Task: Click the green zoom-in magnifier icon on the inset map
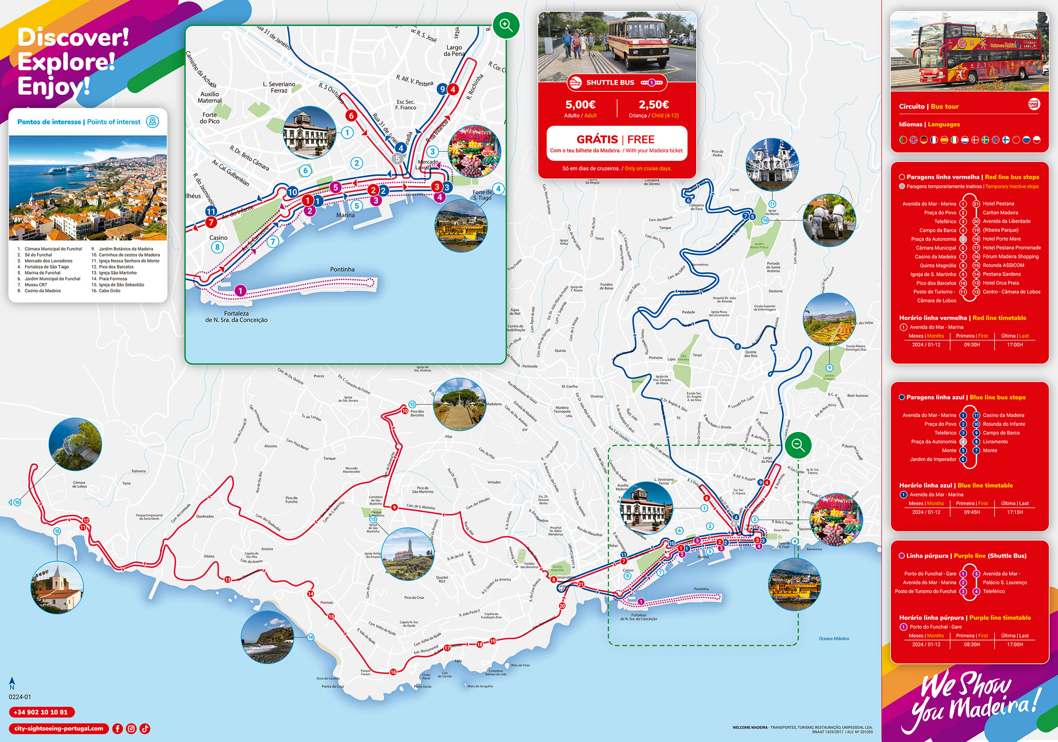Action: [506, 25]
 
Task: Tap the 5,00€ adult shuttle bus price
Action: [580, 105]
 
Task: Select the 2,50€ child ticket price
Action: [653, 105]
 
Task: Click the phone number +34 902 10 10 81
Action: [41, 712]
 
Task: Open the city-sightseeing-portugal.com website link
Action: [58, 728]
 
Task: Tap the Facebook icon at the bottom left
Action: [118, 728]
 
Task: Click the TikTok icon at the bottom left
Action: [145, 728]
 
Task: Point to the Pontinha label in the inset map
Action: [342, 269]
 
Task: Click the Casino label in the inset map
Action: [218, 238]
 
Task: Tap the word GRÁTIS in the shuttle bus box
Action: [597, 140]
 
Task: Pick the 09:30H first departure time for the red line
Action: [972, 345]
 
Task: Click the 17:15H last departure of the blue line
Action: [1015, 512]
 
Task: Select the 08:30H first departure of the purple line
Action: [972, 644]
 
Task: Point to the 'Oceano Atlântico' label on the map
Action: [834, 638]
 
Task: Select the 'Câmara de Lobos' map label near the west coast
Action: [79, 484]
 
